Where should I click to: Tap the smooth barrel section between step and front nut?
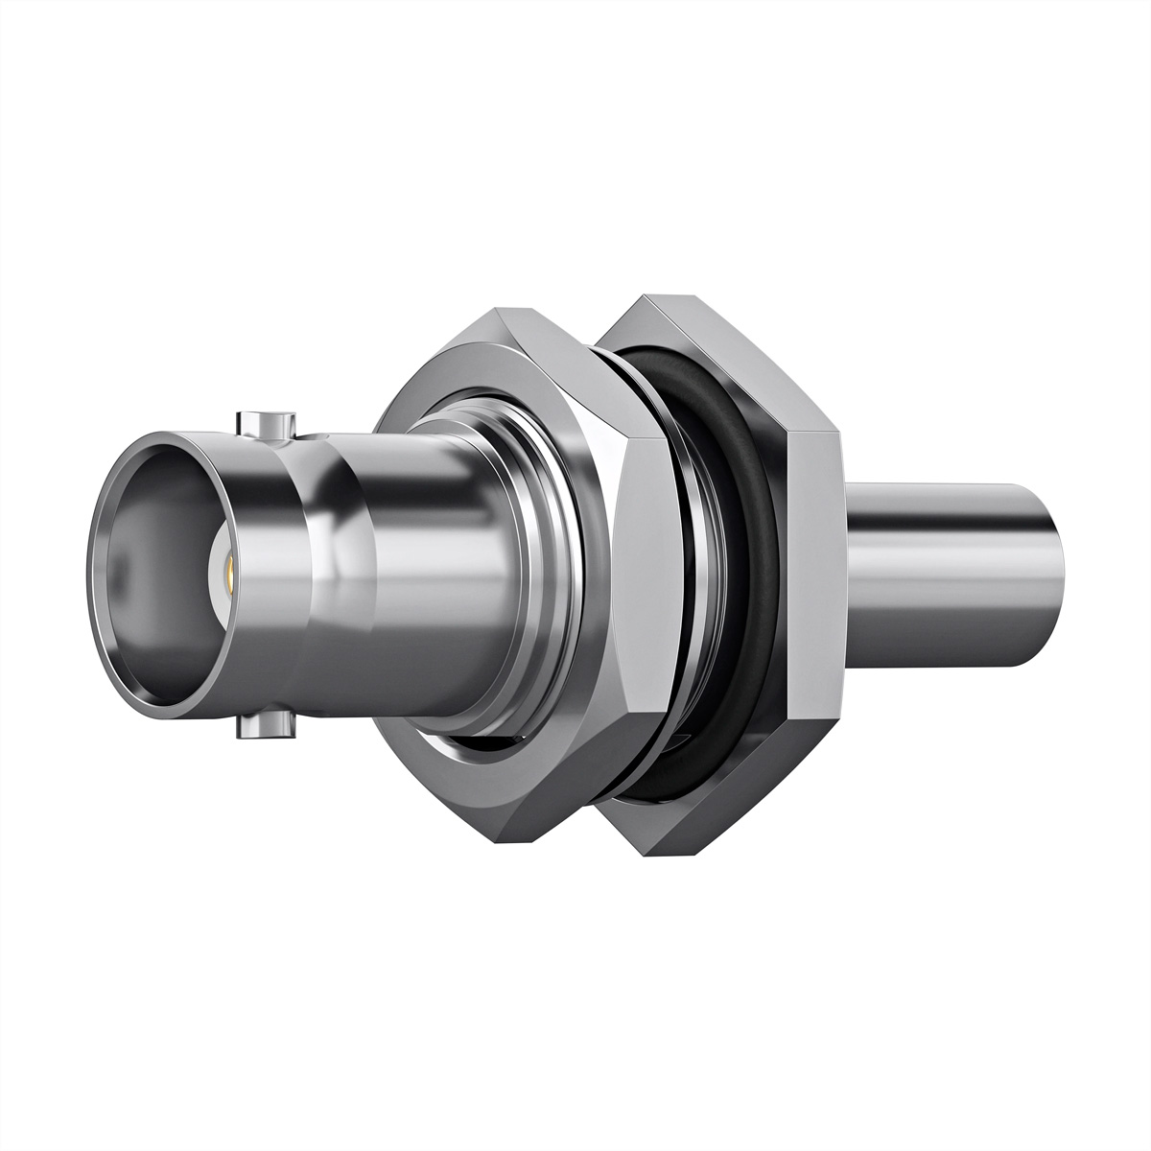tap(432, 575)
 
